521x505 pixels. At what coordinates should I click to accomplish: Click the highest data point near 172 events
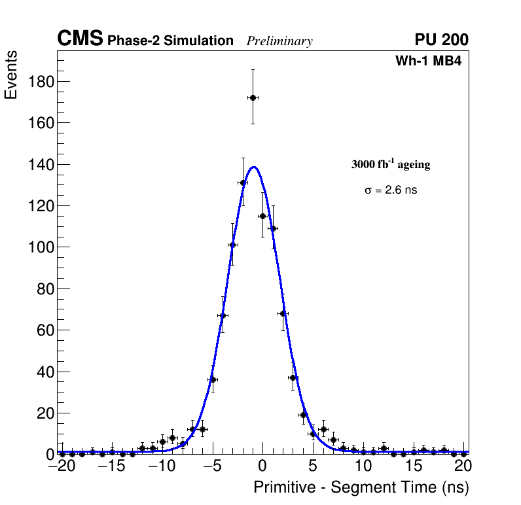pos(253,97)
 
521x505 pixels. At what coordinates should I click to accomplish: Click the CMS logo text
pos(80,39)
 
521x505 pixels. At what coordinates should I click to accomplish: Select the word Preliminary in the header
pos(279,41)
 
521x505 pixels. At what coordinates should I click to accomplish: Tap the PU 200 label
pos(441,40)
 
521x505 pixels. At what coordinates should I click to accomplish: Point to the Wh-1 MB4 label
pos(429,61)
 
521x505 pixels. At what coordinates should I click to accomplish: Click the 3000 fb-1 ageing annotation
pos(391,164)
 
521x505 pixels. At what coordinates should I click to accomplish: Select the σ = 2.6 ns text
pos(391,190)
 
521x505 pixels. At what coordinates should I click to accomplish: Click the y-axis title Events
pos(11,75)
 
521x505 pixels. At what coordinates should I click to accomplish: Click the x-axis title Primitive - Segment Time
pos(361,487)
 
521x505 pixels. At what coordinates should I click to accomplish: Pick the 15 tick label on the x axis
pos(413,466)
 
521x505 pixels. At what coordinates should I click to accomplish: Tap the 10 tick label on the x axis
pos(363,466)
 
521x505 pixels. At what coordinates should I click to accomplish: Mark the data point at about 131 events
pos(243,183)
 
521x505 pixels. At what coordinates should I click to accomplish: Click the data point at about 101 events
pos(232,245)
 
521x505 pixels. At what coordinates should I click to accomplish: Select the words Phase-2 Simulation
pos(170,41)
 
